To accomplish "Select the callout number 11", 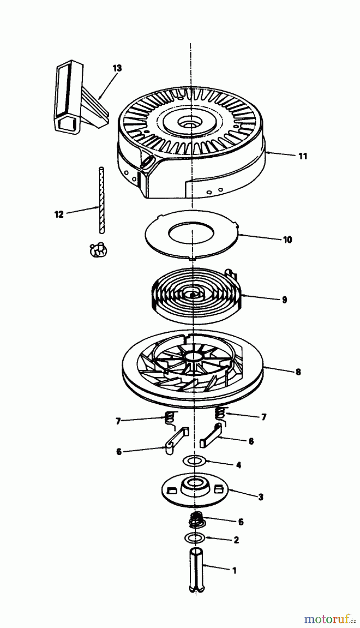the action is pos(303,156).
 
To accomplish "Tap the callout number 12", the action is pos(59,214).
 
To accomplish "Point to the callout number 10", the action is pos(287,240).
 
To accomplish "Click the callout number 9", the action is pos(284,300).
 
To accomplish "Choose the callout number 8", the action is pos(298,372).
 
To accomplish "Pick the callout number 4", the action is pos(239,465).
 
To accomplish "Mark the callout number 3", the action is pos(261,497).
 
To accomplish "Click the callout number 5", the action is pos(241,522).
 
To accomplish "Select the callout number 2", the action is pos(236,540).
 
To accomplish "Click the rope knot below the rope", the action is pos(98,250).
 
